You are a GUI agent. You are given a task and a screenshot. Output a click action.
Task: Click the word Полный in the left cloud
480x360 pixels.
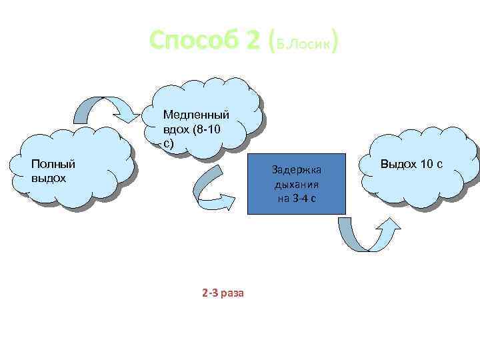tap(53, 164)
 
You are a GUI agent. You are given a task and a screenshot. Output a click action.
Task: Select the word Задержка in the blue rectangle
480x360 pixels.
tap(297, 171)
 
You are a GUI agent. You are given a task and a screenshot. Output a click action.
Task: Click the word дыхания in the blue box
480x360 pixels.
tap(297, 185)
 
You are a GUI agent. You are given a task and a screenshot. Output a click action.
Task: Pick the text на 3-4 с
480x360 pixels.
tap(297, 199)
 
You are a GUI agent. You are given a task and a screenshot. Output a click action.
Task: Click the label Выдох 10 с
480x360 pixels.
tap(412, 164)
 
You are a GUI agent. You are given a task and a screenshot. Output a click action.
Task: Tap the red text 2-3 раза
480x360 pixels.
tap(223, 292)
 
